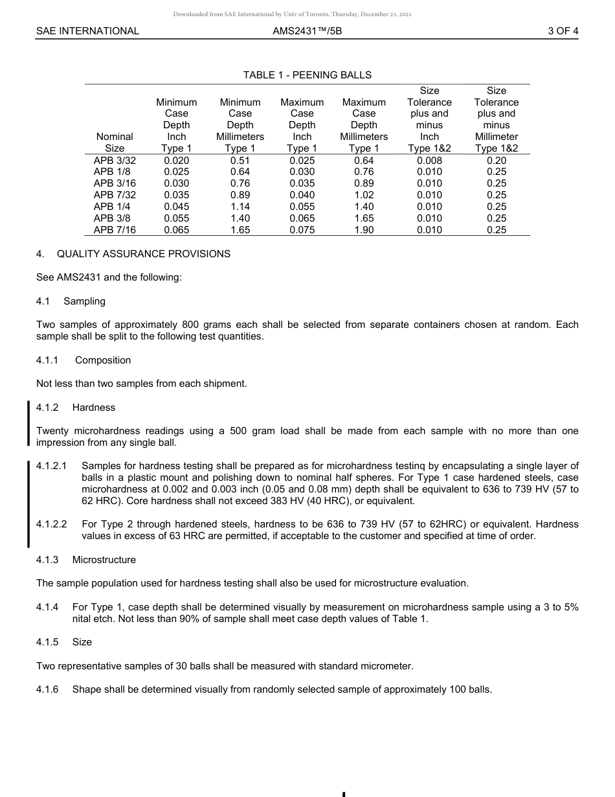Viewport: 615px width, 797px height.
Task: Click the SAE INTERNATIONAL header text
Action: coord(87,30)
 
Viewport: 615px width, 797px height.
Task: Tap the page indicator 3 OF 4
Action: coord(563,30)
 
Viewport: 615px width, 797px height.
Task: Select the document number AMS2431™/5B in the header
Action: coord(307,30)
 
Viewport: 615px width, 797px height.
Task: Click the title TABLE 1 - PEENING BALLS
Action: coord(307,75)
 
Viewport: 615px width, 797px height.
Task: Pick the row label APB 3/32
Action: coord(115,160)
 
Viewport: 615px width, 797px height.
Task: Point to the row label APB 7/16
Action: coord(115,230)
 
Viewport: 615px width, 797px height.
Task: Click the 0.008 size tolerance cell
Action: coord(429,160)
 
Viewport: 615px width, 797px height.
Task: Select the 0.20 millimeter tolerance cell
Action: coord(496,160)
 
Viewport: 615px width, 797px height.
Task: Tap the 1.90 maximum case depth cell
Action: coord(364,230)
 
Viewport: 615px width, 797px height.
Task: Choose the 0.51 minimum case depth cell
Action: coord(240,160)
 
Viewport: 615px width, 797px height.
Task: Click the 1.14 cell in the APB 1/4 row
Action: coord(240,207)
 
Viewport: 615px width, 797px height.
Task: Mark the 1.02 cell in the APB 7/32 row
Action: coord(364,195)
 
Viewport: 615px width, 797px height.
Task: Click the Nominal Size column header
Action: coord(115,143)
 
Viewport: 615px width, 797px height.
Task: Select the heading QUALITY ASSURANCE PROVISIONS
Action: coord(143,254)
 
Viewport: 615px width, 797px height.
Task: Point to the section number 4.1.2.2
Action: coord(52,524)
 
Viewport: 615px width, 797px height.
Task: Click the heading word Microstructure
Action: coord(104,560)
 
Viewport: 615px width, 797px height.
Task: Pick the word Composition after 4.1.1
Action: coord(102,360)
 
